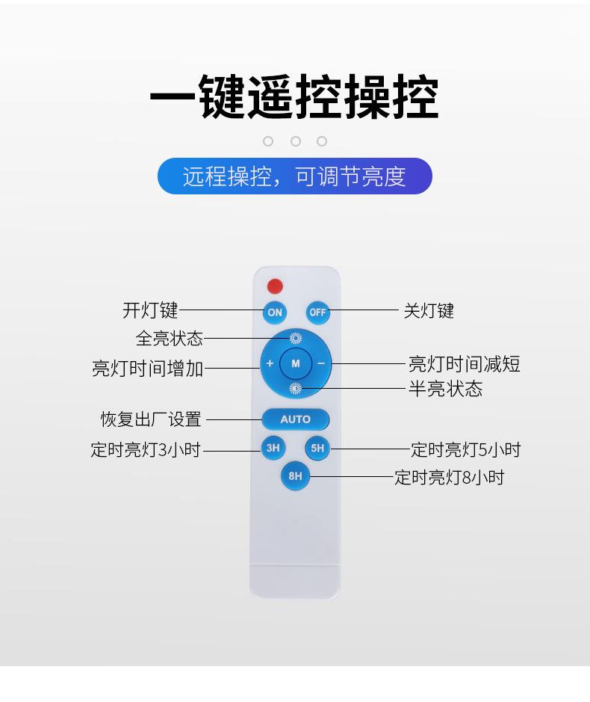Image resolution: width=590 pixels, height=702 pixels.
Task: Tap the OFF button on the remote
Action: point(317,312)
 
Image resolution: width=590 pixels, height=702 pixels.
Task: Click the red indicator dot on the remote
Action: point(275,286)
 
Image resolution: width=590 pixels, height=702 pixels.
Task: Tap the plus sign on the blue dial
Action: point(270,363)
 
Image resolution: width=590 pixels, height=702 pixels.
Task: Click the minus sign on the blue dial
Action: point(321,363)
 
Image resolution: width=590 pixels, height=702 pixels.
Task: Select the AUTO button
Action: point(295,419)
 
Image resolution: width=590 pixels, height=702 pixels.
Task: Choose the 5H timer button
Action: point(317,448)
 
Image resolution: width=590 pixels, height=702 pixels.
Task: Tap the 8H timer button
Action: point(295,475)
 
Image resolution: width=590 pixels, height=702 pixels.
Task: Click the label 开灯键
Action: point(150,310)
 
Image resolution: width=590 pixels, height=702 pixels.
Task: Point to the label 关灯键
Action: point(429,311)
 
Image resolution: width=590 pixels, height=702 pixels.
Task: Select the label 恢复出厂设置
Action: point(151,419)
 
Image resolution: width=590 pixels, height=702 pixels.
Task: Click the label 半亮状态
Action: point(446,388)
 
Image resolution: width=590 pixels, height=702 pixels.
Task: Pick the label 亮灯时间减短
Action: point(465,363)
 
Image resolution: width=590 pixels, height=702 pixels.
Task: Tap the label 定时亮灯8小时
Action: point(449,477)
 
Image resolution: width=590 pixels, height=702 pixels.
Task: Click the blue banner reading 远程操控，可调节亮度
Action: point(295,176)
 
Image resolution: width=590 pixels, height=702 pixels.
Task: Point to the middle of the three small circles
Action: point(295,141)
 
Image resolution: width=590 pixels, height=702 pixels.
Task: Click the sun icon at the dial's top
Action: point(295,338)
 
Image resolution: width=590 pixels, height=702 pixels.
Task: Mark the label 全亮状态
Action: point(170,338)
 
